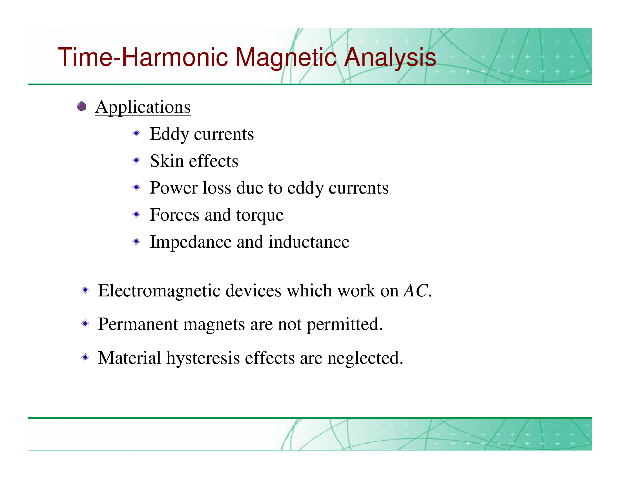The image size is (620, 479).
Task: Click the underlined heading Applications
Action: click(143, 107)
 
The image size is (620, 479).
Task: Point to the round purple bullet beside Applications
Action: click(81, 107)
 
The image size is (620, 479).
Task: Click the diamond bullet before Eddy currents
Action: click(137, 133)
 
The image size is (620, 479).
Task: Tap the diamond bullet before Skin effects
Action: click(137, 160)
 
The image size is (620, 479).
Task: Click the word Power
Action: click(174, 188)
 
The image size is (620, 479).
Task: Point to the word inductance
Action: click(309, 242)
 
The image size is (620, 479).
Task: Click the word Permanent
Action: click(138, 324)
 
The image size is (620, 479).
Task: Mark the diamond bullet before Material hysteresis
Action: click(85, 357)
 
